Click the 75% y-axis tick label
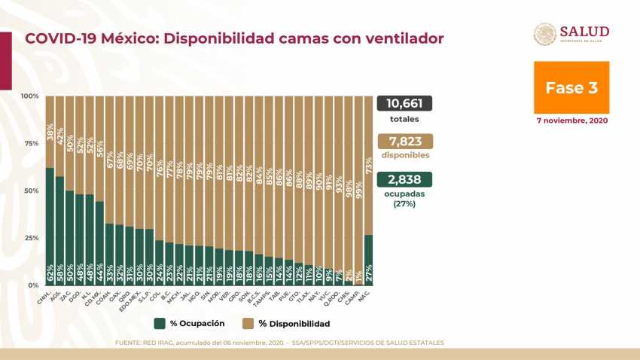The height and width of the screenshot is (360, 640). point(31,144)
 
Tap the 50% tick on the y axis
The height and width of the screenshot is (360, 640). point(31,191)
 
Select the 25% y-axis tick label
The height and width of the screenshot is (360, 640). point(31,239)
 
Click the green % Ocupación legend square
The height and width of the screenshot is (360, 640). point(160,324)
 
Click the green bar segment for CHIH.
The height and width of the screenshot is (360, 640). point(50,226)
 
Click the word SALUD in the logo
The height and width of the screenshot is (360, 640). point(584,31)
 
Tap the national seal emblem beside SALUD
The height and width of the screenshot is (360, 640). point(545,35)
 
